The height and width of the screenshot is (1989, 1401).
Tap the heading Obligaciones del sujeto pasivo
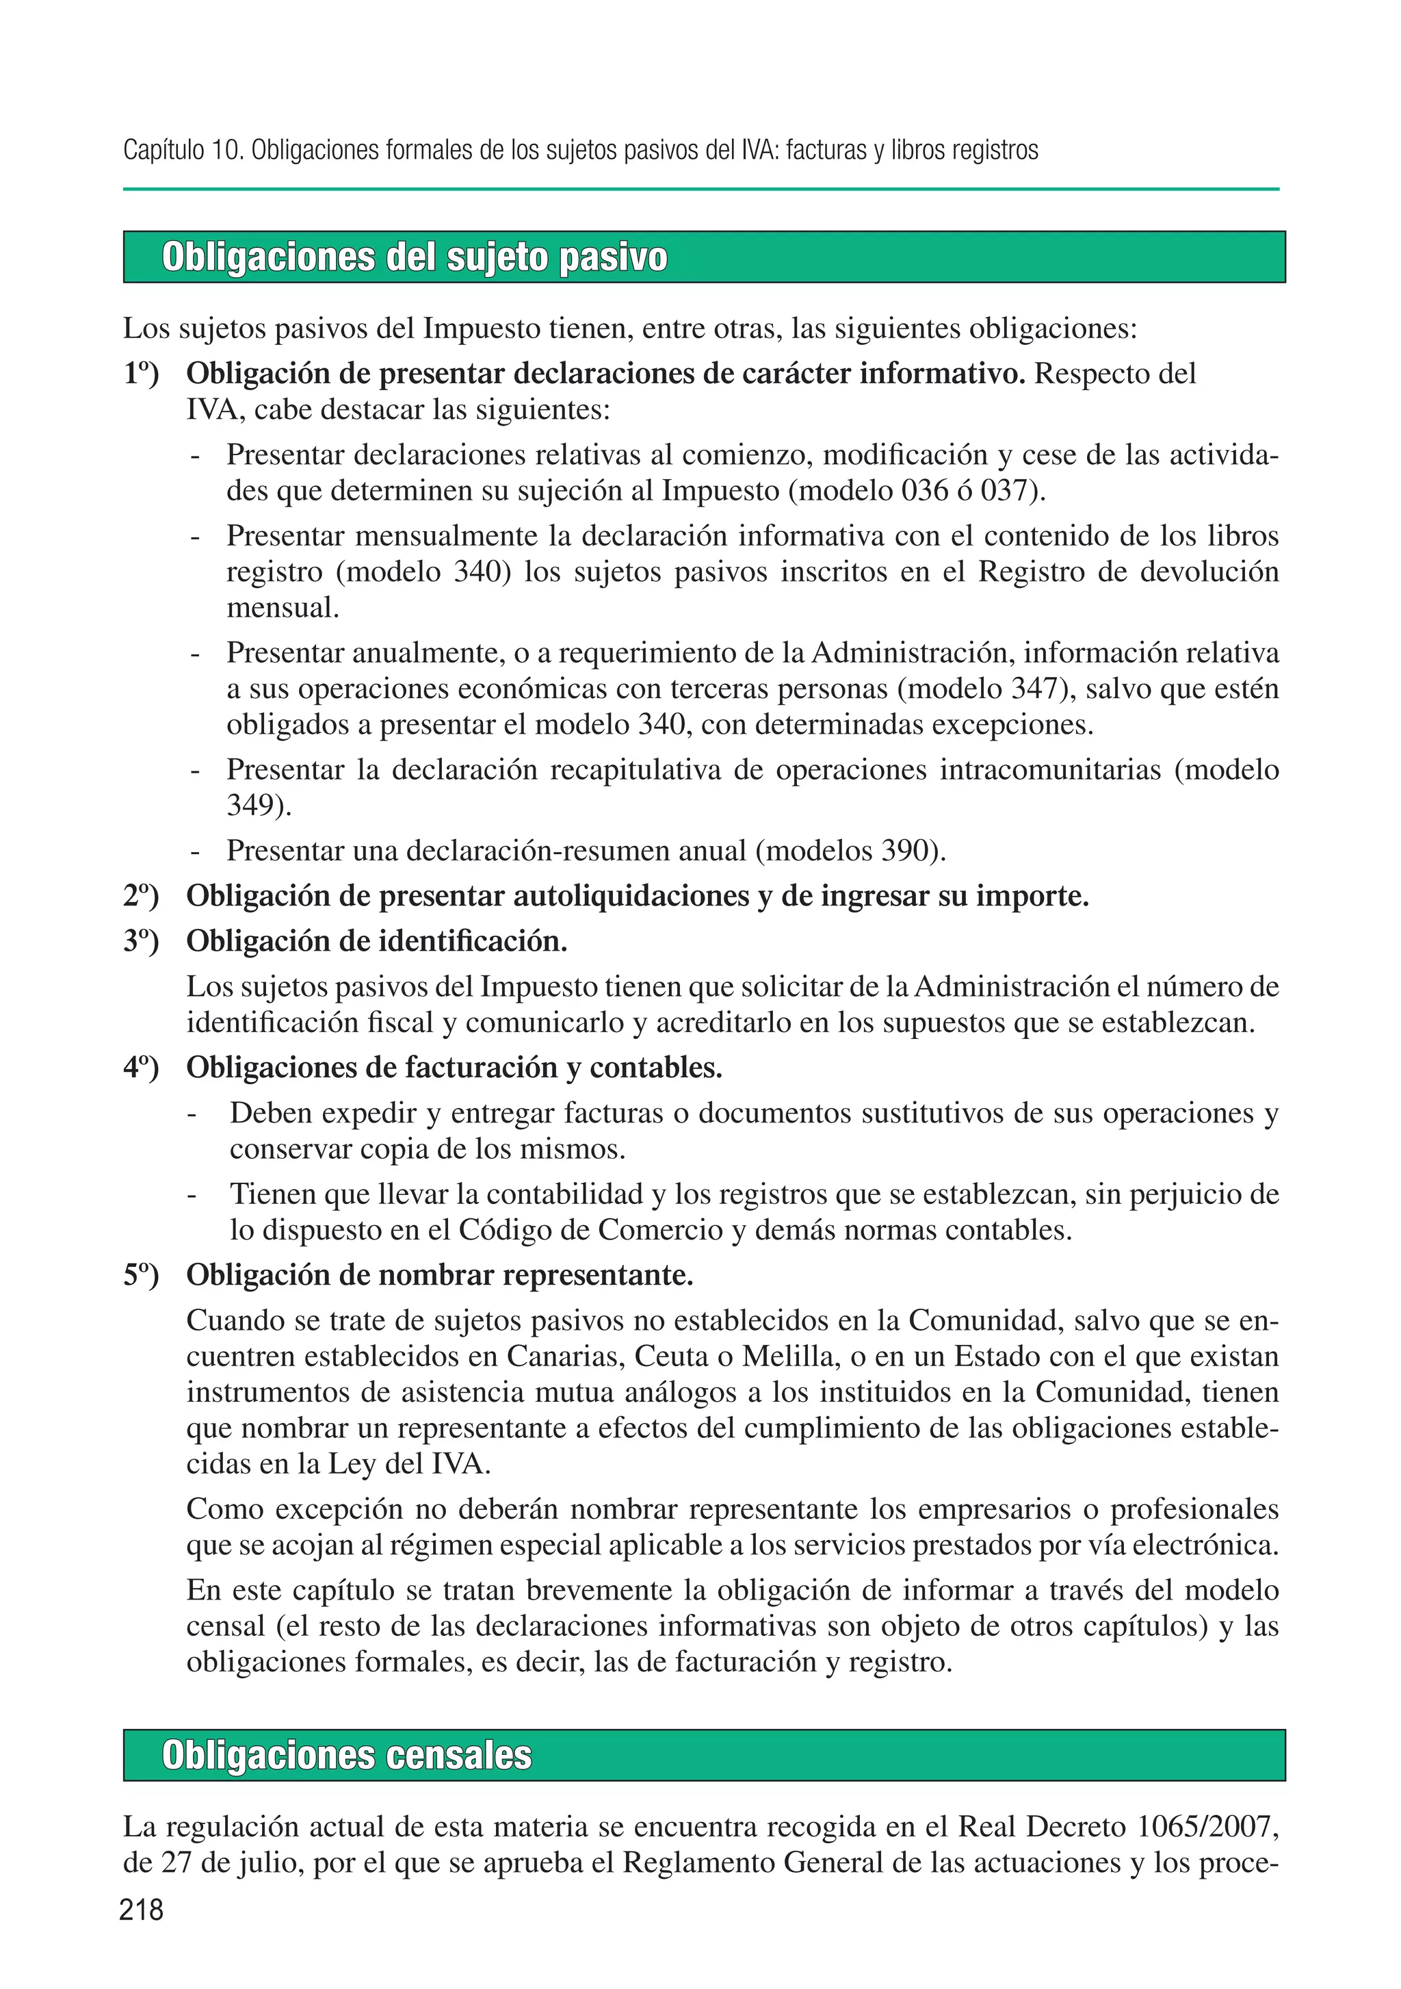[x=414, y=257]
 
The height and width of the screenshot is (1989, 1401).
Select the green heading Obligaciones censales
[x=346, y=1755]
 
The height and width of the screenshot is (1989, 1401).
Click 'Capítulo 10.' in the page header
[x=183, y=151]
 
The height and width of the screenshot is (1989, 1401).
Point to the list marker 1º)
[x=140, y=374]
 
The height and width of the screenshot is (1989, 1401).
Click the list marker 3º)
[x=140, y=941]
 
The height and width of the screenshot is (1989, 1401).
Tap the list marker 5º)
[x=140, y=1275]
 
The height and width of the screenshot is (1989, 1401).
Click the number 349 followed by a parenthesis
[x=253, y=806]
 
